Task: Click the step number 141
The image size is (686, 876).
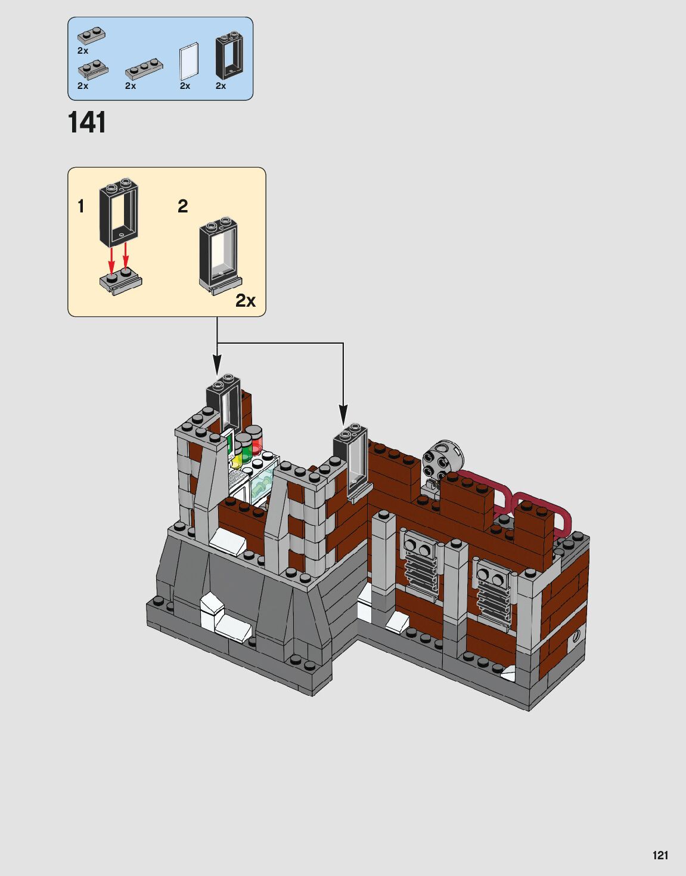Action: click(87, 122)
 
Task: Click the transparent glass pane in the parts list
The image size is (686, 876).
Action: click(189, 61)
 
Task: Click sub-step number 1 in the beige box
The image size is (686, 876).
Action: click(81, 206)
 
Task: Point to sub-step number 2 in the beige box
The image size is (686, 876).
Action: click(183, 206)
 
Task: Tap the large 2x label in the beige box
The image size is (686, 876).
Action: click(245, 300)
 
